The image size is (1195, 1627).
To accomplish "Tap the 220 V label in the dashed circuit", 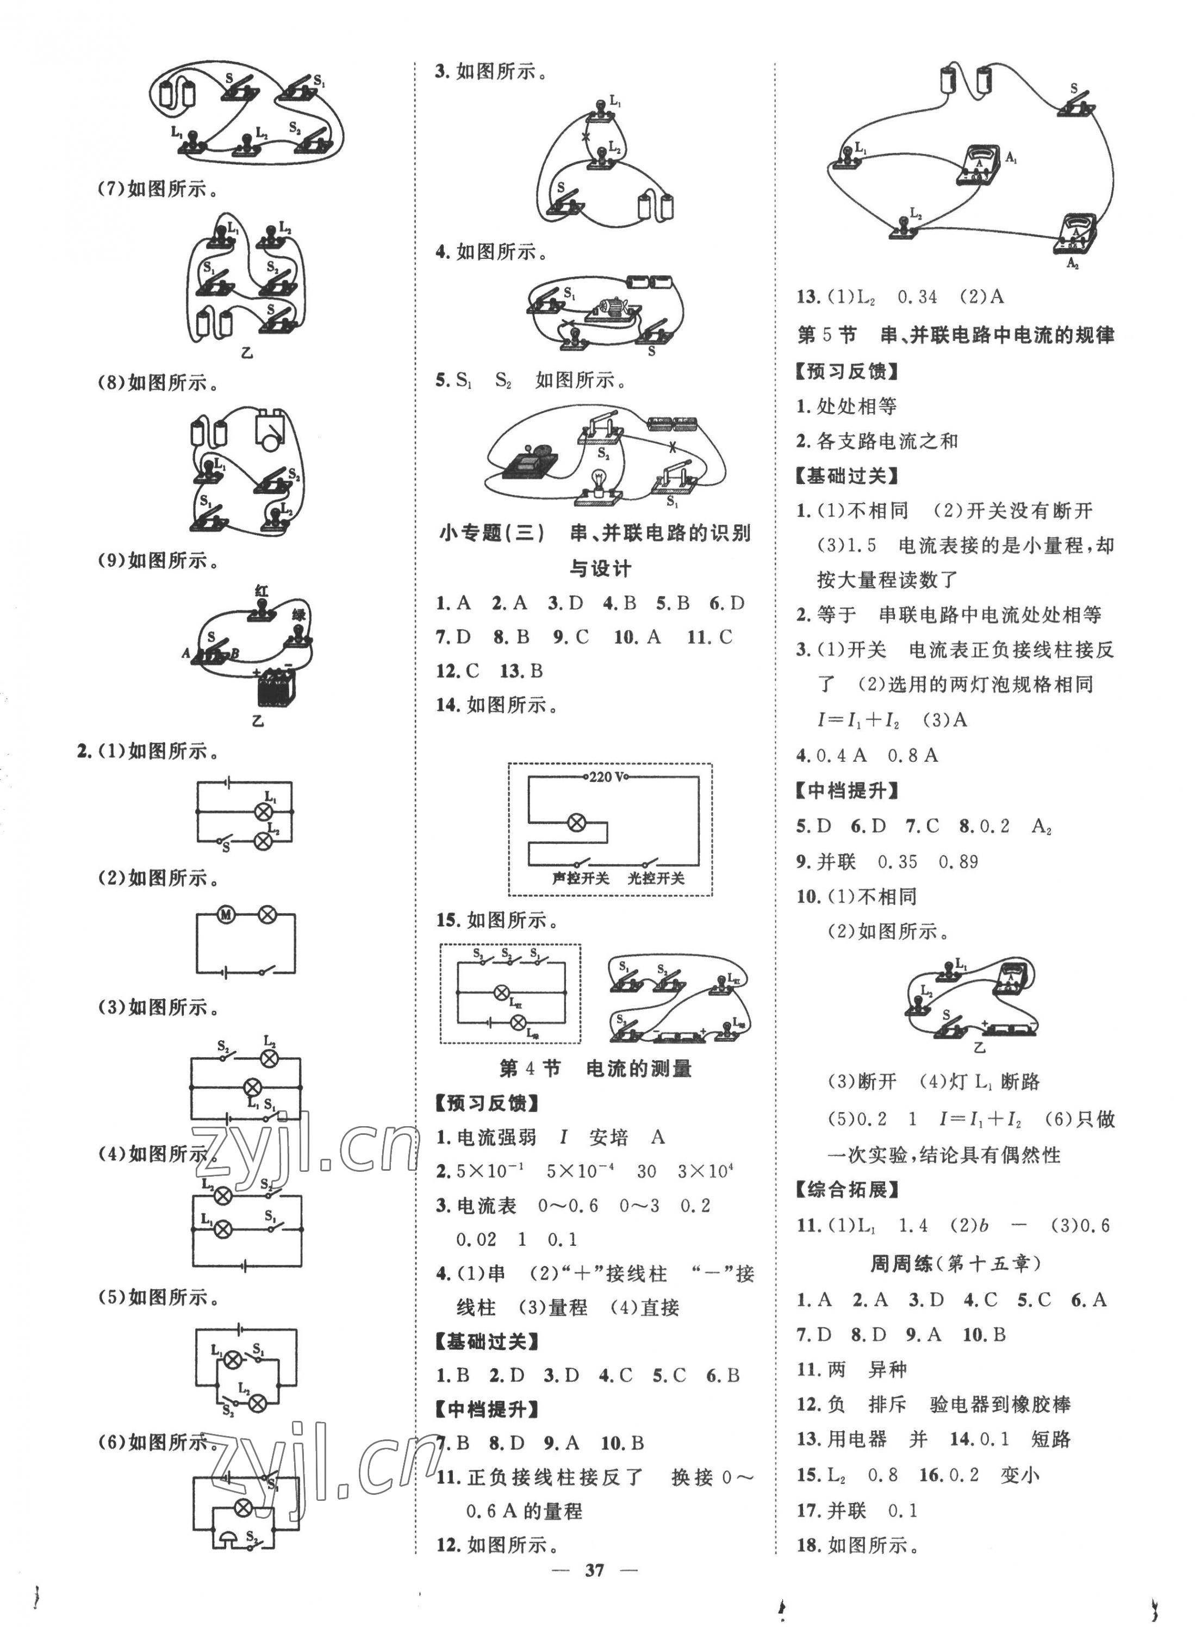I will point(608,778).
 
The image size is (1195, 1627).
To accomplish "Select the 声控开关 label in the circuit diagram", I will point(580,878).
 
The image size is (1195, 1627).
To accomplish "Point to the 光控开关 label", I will point(655,878).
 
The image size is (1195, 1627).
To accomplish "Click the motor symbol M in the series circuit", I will point(226,915).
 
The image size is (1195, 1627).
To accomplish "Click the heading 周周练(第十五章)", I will point(955,1263).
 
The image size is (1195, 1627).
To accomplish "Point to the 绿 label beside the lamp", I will point(300,615).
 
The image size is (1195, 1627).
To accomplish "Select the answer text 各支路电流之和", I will point(887,440).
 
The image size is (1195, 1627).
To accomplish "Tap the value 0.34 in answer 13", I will point(917,296).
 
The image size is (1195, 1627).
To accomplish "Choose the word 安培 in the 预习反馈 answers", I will point(608,1137).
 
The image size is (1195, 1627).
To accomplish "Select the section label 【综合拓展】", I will point(847,1189).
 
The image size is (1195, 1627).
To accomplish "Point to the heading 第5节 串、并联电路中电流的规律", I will point(955,335).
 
